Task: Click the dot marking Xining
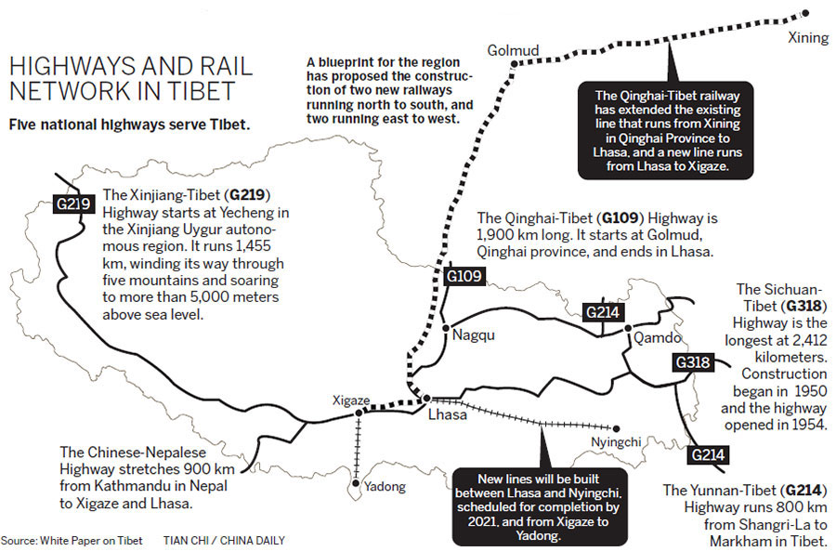[x=804, y=13]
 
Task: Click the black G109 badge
[x=464, y=276]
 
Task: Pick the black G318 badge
[x=694, y=362]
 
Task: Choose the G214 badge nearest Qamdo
[x=602, y=312]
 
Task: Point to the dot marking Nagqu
[x=446, y=328]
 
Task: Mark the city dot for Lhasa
[x=426, y=400]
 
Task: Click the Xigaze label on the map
[x=351, y=400]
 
